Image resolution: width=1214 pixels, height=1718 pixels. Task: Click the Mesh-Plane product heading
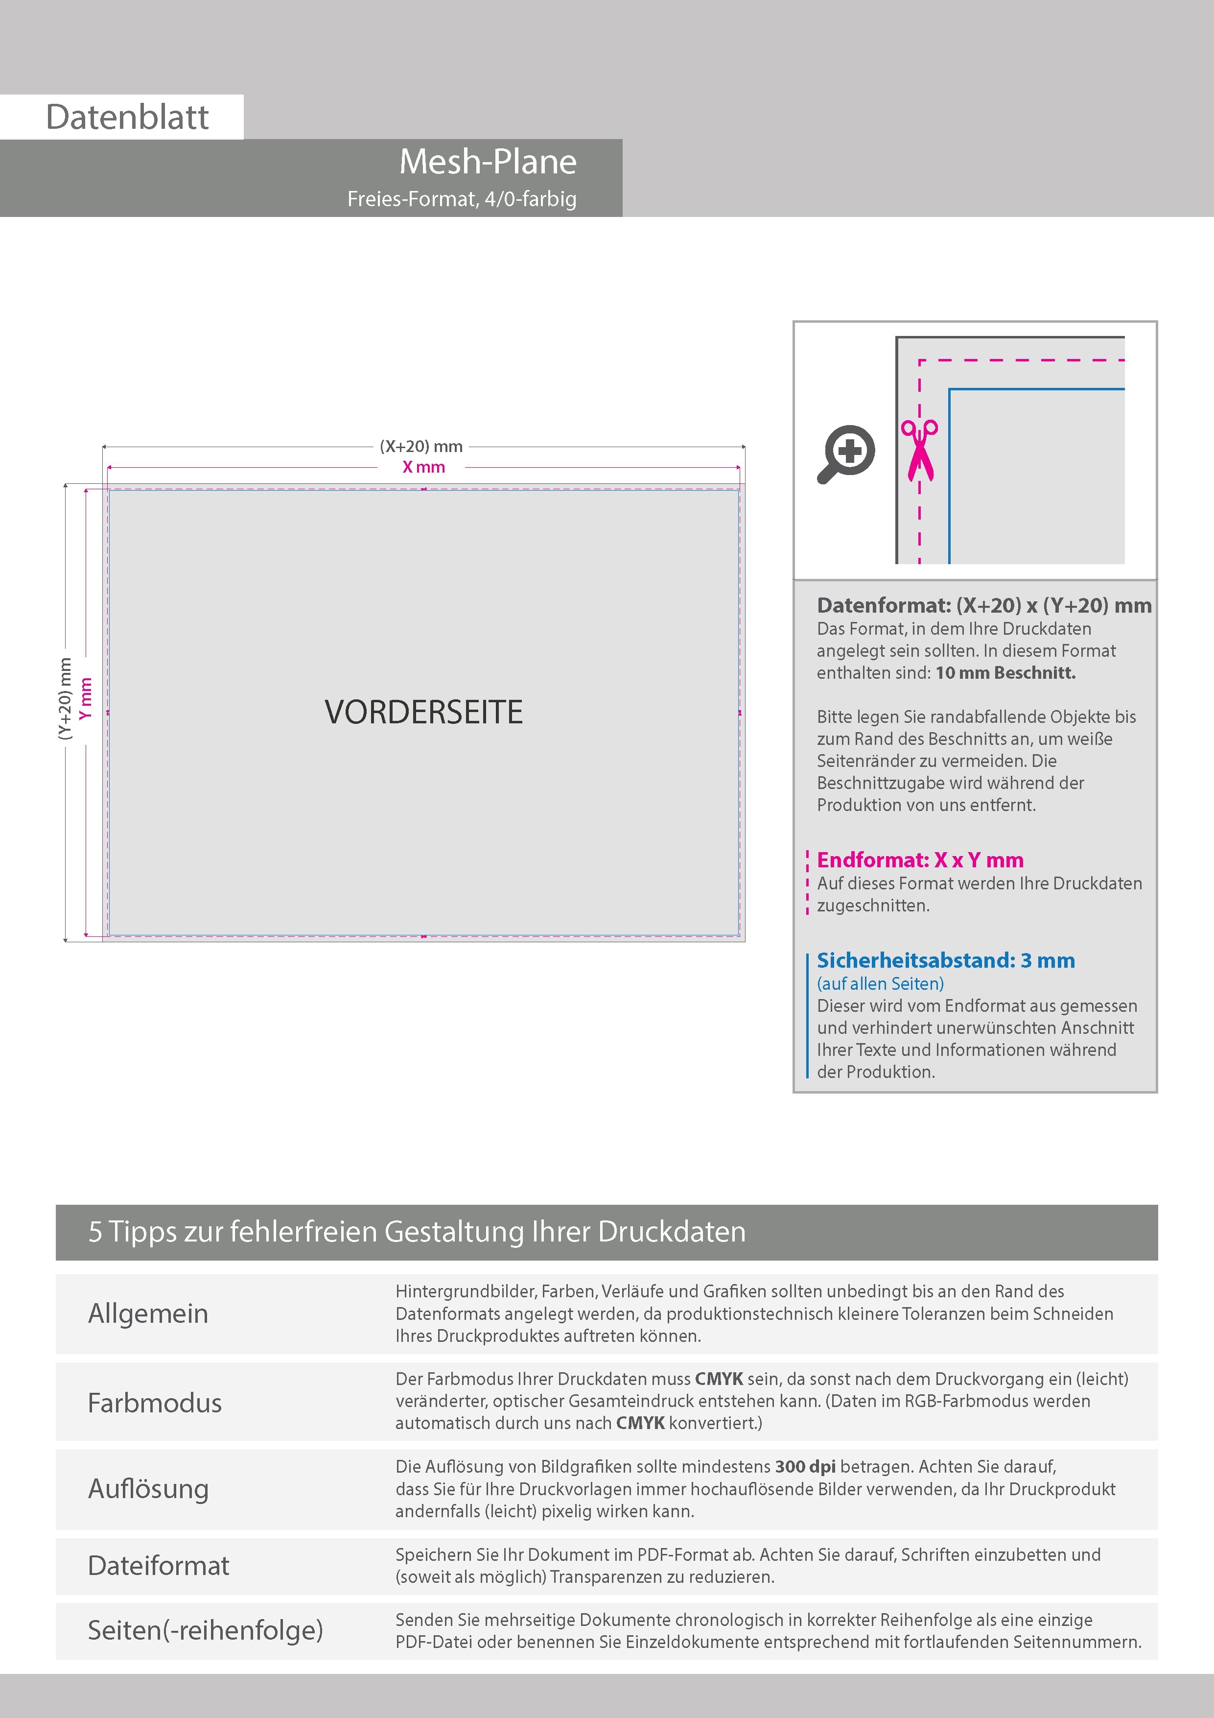(x=488, y=162)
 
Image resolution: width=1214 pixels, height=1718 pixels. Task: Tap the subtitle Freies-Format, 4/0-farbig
(x=462, y=199)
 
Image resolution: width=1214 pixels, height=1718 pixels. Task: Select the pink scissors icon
(x=919, y=450)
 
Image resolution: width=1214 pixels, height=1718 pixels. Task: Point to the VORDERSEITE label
(x=423, y=713)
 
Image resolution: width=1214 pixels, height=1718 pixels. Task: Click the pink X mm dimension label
(x=423, y=467)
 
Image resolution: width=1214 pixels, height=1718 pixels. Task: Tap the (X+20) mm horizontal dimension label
(x=421, y=447)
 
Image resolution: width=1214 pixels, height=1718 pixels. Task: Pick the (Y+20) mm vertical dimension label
(x=66, y=699)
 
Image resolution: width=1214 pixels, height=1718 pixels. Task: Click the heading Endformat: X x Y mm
(x=919, y=860)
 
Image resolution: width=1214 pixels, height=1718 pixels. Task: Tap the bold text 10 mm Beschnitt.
(x=1005, y=673)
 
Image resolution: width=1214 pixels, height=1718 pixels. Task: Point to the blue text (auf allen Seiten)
(x=880, y=983)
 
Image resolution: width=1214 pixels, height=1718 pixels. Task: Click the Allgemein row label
(x=148, y=1313)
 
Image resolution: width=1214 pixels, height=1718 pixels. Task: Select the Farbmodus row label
(x=155, y=1403)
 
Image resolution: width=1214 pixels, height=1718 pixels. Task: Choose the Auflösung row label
(x=148, y=1489)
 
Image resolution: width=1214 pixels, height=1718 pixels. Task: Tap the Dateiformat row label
(x=159, y=1565)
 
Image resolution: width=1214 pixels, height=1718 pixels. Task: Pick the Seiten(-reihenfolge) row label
(x=205, y=1630)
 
